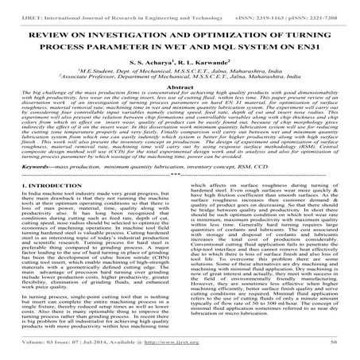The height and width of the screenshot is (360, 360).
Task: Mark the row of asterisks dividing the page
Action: coord(180,199)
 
